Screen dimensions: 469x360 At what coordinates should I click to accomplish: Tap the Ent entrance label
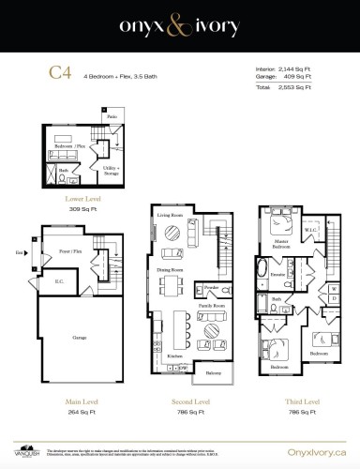tap(19, 253)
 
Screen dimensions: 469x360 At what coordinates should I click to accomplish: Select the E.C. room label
tap(58, 280)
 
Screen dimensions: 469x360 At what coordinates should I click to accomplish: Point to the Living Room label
tap(169, 216)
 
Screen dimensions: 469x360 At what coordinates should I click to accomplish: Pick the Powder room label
tap(211, 288)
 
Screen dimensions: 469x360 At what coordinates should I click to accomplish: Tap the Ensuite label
tap(277, 275)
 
